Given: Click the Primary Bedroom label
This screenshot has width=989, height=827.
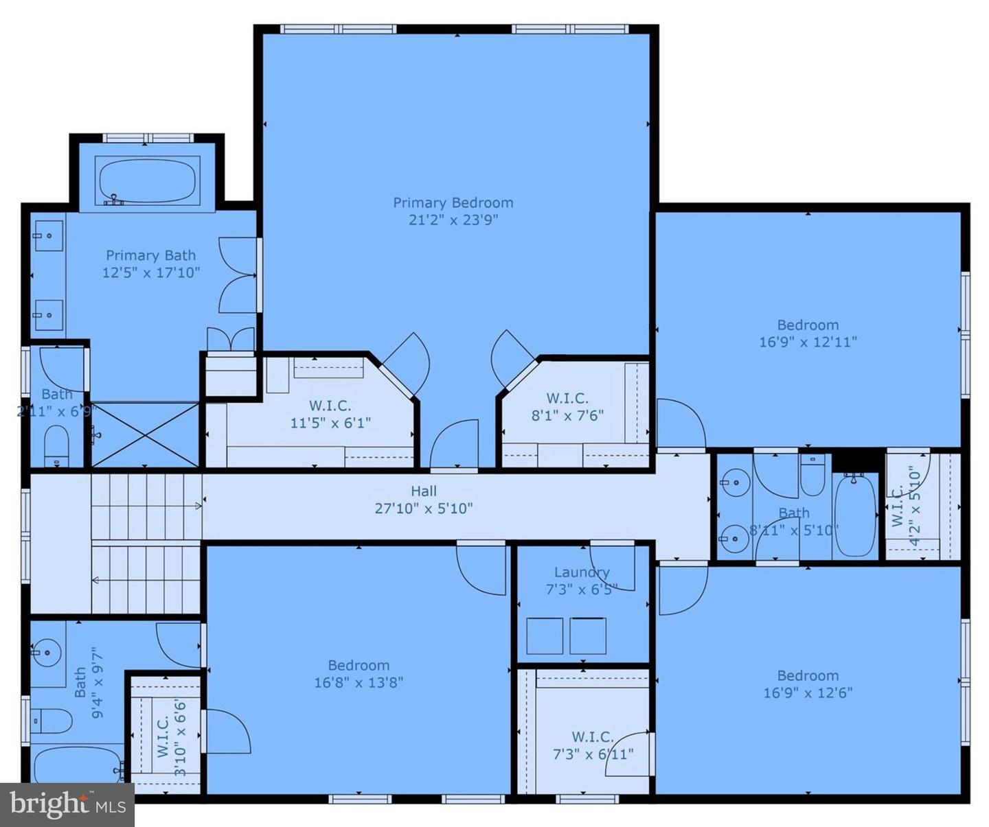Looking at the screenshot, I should [x=453, y=202].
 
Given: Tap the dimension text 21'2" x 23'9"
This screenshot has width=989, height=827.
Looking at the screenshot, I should [x=453, y=220].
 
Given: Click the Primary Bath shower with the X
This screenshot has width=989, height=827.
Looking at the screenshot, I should [x=145, y=434].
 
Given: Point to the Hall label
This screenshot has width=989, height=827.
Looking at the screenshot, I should [x=424, y=491].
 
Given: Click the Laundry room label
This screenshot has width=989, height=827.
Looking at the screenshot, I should [x=582, y=572].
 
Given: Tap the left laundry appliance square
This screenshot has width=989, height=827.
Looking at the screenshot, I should [x=545, y=636].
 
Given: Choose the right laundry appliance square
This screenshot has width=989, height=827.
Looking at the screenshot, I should [x=588, y=636].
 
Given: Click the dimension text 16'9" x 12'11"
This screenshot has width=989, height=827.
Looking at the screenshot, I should [x=808, y=342].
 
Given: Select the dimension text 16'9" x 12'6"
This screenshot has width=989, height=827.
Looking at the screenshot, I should [x=808, y=692].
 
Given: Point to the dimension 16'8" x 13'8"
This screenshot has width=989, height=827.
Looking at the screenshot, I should [x=359, y=682].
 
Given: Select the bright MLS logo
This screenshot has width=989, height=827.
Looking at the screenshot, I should [x=67, y=804].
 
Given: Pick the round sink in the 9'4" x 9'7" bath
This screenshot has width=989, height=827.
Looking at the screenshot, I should [x=47, y=651].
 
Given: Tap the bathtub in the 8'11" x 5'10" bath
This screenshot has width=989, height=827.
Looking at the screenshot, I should [x=854, y=515].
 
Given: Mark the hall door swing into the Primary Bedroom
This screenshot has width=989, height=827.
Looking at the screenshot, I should [x=455, y=445].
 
